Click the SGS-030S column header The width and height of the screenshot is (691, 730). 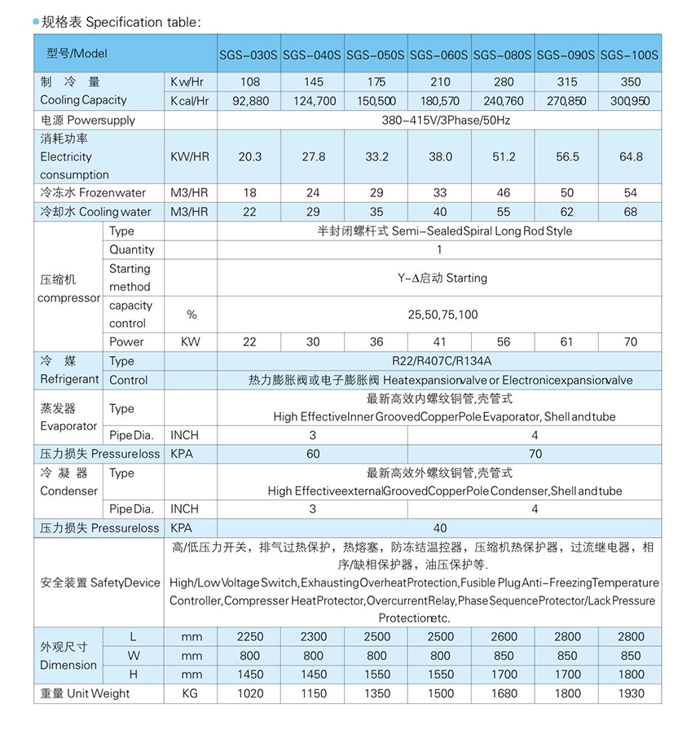point(249,56)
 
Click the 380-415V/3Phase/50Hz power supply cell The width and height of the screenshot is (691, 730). point(439,120)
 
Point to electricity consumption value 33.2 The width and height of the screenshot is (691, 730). point(376,156)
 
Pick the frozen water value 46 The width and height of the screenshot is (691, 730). point(503,193)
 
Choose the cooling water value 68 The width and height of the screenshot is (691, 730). point(630,212)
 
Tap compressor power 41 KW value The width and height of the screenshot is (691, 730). point(439,342)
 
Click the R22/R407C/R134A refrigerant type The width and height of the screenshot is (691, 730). point(440,361)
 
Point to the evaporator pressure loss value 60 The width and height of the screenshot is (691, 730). point(313,454)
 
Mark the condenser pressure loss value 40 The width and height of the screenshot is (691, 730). point(440,528)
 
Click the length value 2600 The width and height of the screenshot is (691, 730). point(503,637)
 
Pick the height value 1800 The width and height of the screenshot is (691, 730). point(630,674)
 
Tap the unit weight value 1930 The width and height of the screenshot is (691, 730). point(630,693)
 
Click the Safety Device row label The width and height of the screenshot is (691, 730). point(99,583)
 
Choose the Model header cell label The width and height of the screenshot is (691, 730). point(72,54)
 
